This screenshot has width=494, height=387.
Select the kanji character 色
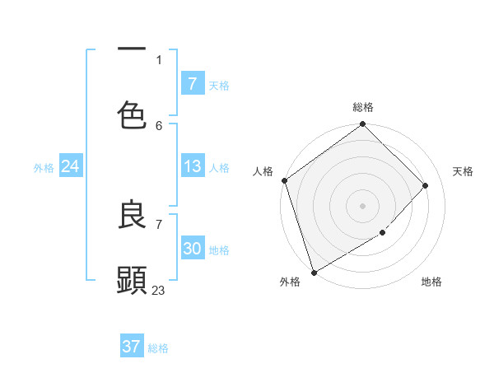coord(132,115)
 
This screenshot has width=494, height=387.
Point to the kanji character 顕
coord(132,280)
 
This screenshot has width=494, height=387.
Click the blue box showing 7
coord(192,84)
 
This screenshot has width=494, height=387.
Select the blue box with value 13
coord(192,167)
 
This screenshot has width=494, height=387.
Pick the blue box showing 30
coord(192,249)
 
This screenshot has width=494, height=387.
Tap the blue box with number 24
coord(70,167)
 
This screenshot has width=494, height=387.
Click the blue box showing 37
coord(131,347)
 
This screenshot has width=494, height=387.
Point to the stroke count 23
coord(159,290)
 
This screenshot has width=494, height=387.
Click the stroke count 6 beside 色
coord(159,125)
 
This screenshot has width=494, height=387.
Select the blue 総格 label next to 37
coord(158,348)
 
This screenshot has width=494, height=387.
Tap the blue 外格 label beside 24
coord(44,168)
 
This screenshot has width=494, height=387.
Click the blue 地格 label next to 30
coord(219,250)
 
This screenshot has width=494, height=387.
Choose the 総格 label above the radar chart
coord(363,107)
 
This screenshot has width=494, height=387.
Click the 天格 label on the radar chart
coord(463,171)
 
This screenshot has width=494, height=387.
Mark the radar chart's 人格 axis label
coord(263,171)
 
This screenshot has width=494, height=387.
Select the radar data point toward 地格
coord(383,233)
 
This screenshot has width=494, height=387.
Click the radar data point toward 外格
coord(314,272)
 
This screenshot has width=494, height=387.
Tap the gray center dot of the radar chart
coord(362,205)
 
